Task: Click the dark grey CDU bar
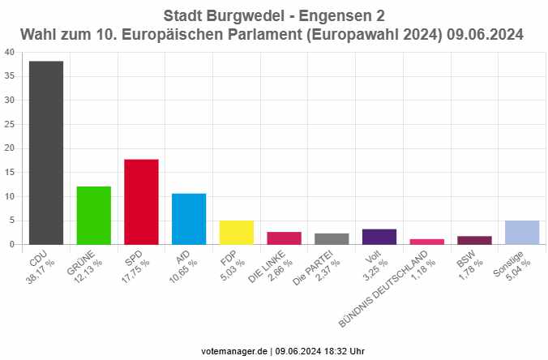pos(45,152)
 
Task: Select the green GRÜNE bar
pos(93,215)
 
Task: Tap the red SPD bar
pos(141,202)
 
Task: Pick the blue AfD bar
pos(189,219)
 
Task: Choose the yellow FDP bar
pos(237,233)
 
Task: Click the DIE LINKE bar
pos(284,238)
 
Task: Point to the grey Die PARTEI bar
pos(332,239)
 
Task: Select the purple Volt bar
pos(379,237)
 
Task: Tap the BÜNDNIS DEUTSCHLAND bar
pos(427,242)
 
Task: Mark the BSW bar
pos(474,240)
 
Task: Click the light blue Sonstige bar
pos(522,233)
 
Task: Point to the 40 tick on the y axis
pos(9,52)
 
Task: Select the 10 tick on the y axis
pos(9,196)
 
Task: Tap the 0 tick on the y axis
pos(11,244)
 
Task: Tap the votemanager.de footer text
pos(237,350)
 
